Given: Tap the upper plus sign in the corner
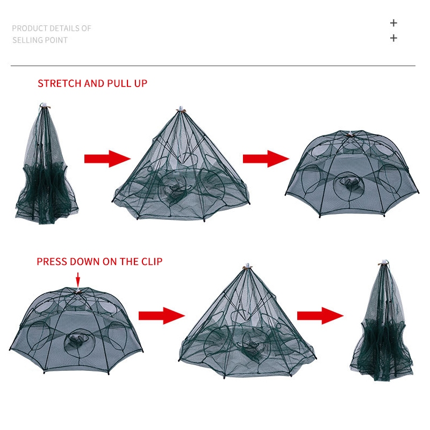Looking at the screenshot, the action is coord(393,23).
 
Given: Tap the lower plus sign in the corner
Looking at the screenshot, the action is coord(393,38).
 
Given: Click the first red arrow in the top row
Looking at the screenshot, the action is coord(107,159).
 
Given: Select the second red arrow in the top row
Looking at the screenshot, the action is coord(266,159).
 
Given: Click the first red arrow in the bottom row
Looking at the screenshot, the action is coord(162,316).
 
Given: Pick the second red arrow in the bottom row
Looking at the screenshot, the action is coord(320,316).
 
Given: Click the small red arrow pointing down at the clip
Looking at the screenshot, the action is coord(78,280).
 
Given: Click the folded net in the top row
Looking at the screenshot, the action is coord(45,164).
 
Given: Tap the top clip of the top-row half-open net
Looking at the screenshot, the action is coord(181,109).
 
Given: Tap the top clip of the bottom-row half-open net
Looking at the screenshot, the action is coord(248,266).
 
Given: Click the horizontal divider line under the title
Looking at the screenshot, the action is coord(213,66).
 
